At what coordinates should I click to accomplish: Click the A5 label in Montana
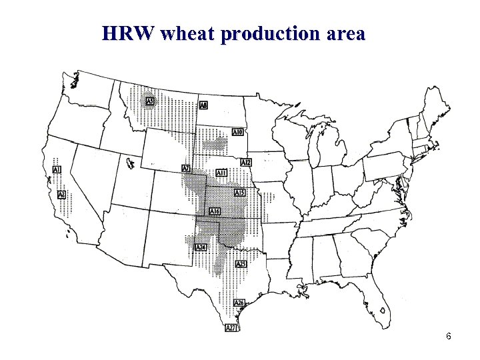pyautogui.click(x=151, y=101)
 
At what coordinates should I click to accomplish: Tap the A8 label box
pyautogui.click(x=203, y=105)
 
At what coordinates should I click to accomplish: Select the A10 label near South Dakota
pyautogui.click(x=237, y=133)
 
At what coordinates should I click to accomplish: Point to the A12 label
pyautogui.click(x=246, y=163)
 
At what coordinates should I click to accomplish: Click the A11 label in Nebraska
pyautogui.click(x=221, y=173)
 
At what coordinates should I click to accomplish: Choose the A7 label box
pyautogui.click(x=186, y=168)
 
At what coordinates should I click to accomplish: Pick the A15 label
pyautogui.click(x=240, y=193)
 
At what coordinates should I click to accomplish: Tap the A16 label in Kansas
pyautogui.click(x=215, y=211)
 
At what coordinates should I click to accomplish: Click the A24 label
pyautogui.click(x=200, y=247)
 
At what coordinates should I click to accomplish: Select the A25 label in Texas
pyautogui.click(x=241, y=264)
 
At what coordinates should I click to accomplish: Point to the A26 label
pyautogui.click(x=239, y=303)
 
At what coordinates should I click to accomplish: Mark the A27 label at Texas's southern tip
pyautogui.click(x=231, y=327)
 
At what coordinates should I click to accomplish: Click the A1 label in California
pyautogui.click(x=57, y=171)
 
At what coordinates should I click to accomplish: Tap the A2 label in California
pyautogui.click(x=61, y=195)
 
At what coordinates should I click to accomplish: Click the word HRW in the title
pyautogui.click(x=128, y=33)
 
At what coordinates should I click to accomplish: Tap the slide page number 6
pyautogui.click(x=449, y=336)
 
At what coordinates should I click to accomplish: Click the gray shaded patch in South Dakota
pyautogui.click(x=215, y=144)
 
